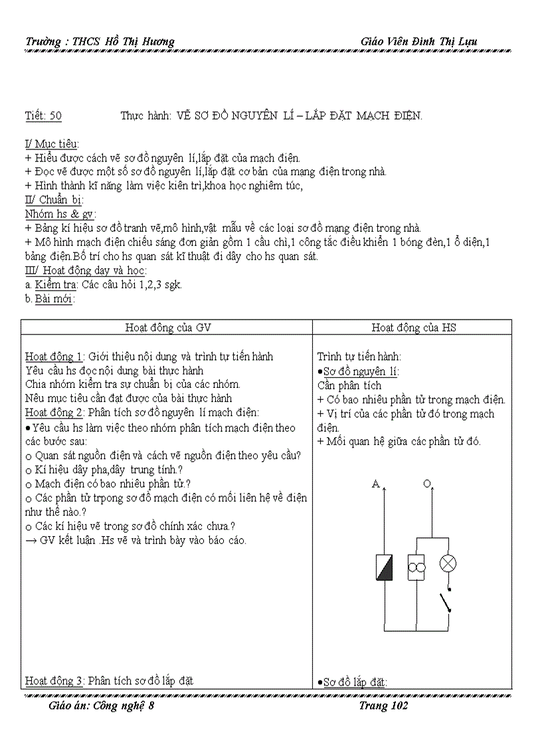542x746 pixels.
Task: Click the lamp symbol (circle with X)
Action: click(448, 563)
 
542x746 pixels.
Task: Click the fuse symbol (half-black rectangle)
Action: click(385, 568)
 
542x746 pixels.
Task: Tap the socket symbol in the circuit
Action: click(416, 568)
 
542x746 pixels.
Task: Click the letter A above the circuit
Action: click(375, 484)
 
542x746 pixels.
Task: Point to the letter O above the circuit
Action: click(427, 484)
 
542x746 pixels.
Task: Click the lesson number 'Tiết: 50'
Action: click(43, 116)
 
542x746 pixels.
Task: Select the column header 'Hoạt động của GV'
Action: click(169, 327)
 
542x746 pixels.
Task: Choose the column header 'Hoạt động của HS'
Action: click(413, 327)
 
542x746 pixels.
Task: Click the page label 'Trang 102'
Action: click(383, 705)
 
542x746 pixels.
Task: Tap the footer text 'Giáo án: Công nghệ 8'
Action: click(102, 705)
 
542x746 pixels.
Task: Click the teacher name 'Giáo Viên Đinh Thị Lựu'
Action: click(418, 41)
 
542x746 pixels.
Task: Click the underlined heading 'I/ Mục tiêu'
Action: click(51, 144)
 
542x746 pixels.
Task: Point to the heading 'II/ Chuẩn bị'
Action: click(54, 200)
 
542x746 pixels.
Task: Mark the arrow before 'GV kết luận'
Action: click(31, 540)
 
